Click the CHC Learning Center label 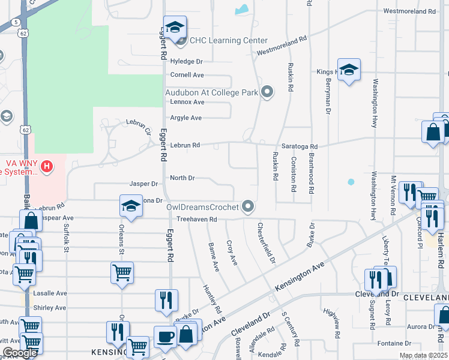[x=228, y=41]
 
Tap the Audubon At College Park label [x=211, y=92]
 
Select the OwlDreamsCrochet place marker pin [x=249, y=207]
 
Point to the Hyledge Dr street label [x=187, y=61]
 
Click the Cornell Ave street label [x=187, y=75]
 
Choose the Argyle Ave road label [x=186, y=118]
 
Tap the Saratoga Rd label [x=299, y=146]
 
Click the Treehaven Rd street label [x=196, y=220]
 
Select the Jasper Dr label [x=143, y=184]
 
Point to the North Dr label [x=182, y=178]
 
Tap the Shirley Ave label [x=49, y=308]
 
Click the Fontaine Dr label [x=394, y=344]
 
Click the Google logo [x=19, y=353]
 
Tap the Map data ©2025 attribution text [x=423, y=355]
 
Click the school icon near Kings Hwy [x=349, y=70]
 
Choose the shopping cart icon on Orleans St [x=122, y=272]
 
